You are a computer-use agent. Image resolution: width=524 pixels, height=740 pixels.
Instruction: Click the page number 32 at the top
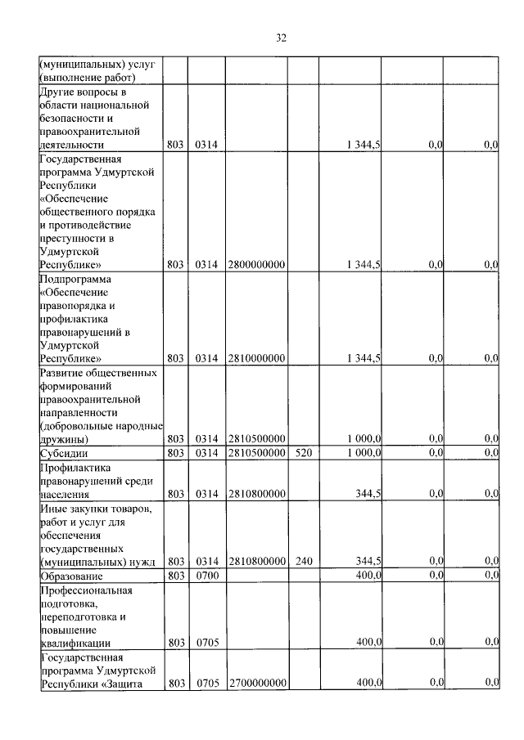(281, 38)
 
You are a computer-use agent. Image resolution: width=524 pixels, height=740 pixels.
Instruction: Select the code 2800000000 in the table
(256, 264)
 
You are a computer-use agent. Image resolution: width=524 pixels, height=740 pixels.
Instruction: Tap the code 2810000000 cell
(256, 357)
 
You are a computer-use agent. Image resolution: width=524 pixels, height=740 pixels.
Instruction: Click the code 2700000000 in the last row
(256, 682)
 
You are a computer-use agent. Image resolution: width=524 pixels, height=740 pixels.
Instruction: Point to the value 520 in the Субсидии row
(303, 451)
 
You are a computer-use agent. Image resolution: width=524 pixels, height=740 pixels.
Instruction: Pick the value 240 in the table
(303, 560)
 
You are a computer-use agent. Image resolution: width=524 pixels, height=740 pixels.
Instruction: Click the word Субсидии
(64, 452)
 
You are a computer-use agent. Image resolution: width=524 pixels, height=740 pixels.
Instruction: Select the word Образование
(73, 575)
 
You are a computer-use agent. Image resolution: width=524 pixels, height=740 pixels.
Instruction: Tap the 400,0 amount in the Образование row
(369, 575)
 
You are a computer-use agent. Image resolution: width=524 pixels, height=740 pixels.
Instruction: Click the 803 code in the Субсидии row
(175, 451)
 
